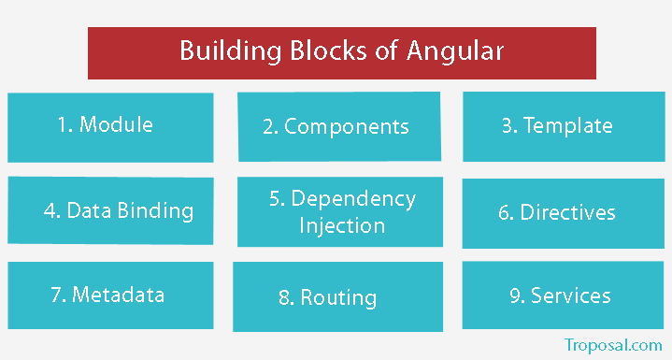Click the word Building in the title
221,50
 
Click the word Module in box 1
116,124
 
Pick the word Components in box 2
347,126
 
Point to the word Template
568,124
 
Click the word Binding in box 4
157,209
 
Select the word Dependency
353,198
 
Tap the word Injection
341,225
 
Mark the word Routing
338,298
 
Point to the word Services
571,295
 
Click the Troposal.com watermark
613,344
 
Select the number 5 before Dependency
275,198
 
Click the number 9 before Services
515,295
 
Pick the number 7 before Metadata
56,295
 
